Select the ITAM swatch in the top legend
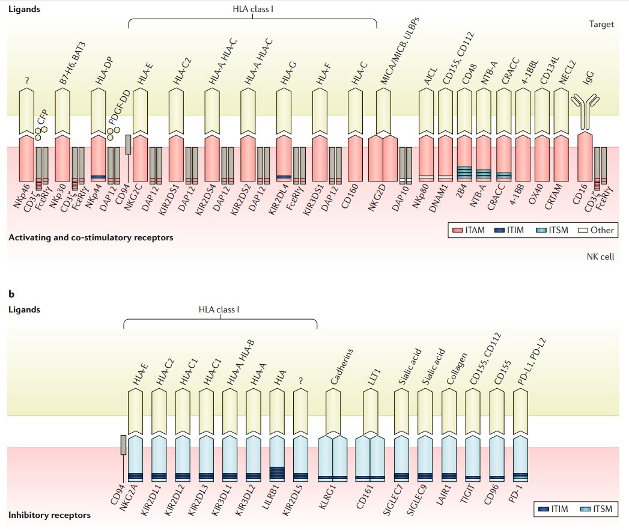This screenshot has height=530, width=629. (458, 230)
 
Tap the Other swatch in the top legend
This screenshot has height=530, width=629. (583, 230)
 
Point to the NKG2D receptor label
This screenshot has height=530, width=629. (378, 197)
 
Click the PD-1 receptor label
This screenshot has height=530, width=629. (516, 493)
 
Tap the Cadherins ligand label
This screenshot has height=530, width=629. (342, 366)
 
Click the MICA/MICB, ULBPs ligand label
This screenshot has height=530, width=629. (400, 50)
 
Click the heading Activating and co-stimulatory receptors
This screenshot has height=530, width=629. (91, 237)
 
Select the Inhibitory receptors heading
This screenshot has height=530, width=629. (49, 515)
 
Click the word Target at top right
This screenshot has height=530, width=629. (601, 24)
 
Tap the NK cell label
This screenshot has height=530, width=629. (600, 257)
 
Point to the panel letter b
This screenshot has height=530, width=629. (11, 294)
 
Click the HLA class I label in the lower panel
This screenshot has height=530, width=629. (219, 309)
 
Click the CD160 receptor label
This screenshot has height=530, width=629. (350, 196)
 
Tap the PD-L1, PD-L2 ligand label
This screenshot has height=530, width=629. (532, 362)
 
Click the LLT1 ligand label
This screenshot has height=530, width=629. (374, 377)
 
